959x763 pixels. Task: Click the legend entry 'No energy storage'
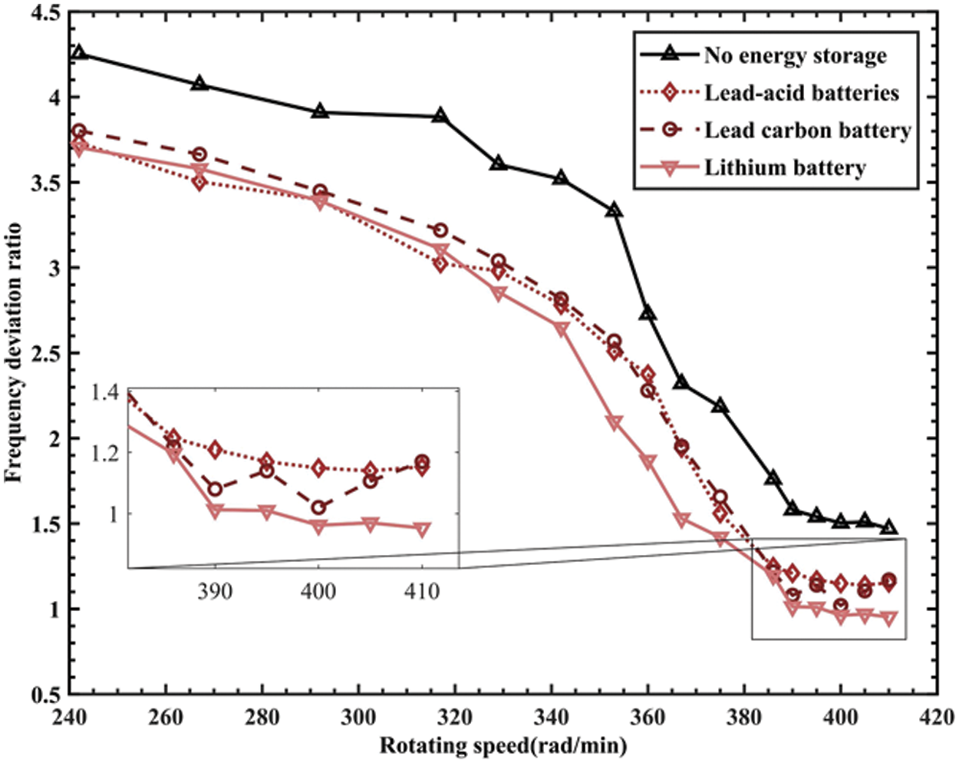point(795,56)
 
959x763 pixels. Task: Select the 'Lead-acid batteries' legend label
point(802,93)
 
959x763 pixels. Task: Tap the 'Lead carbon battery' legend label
point(807,130)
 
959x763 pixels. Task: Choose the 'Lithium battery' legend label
point(785,167)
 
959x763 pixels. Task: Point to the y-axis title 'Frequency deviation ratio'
point(13,353)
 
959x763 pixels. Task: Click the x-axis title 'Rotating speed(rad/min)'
point(503,745)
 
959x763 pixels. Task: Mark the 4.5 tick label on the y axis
point(46,13)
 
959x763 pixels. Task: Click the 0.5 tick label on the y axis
point(46,695)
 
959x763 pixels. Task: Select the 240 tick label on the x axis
point(69,718)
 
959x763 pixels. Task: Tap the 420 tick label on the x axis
point(937,718)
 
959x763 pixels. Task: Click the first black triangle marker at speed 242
point(79,53)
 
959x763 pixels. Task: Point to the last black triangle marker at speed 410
point(888,527)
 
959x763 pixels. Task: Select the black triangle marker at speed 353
point(614,210)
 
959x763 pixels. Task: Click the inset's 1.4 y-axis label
point(106,393)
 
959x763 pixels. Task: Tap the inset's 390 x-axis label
point(215,591)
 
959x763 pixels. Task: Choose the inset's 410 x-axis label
point(421,591)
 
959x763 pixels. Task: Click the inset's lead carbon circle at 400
point(318,507)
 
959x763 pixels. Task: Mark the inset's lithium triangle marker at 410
point(421,530)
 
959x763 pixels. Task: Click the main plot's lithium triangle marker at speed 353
point(614,422)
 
